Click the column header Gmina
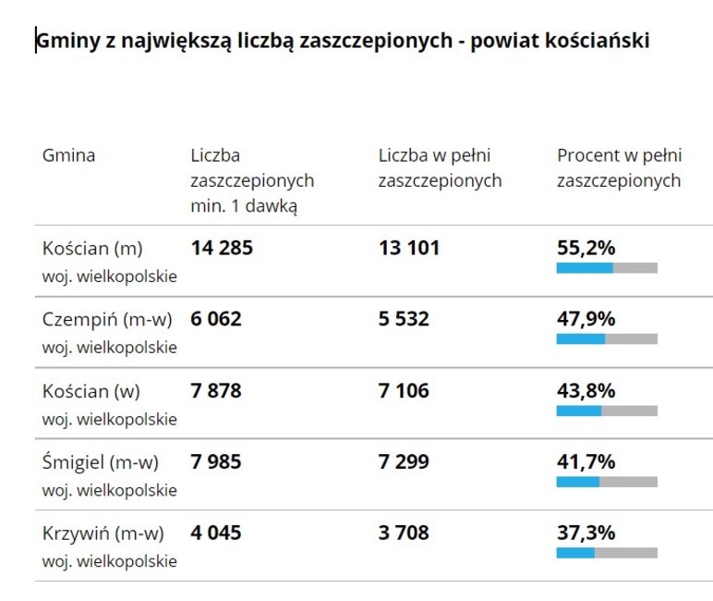pos(68,155)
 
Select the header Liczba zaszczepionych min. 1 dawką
pos(251,180)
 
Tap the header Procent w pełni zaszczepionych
pos(618,168)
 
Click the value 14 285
pos(222,248)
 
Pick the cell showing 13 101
pos(409,248)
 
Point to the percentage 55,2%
pos(586,248)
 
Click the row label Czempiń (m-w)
pos(107,319)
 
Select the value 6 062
pos(216,319)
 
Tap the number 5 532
pos(404,319)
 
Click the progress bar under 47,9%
pos(607,339)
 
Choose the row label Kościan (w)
pos(91,391)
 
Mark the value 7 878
pos(216,391)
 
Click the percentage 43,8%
pos(586,391)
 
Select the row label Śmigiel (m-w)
pos(101,461)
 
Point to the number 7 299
pos(404,461)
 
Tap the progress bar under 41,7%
pos(607,482)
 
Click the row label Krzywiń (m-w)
pos(103,534)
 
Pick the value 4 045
pos(216,534)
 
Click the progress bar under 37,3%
pos(607,553)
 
